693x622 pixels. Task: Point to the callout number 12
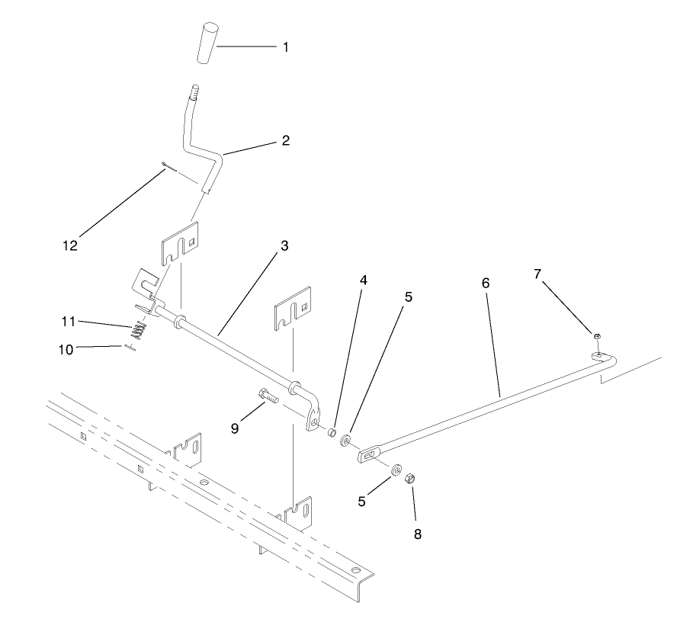(70, 245)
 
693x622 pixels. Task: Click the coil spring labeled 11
(138, 331)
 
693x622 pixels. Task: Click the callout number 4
(364, 280)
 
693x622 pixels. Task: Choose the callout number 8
(417, 534)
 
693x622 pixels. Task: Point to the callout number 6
(485, 282)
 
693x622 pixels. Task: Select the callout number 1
(286, 47)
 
